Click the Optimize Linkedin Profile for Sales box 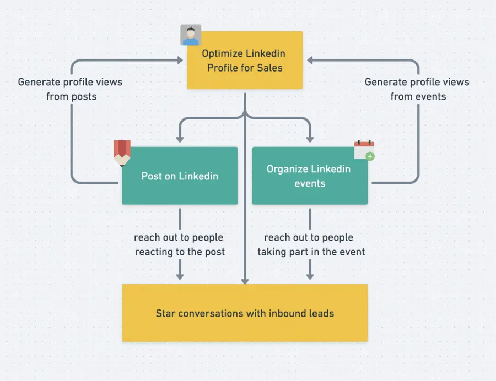245,61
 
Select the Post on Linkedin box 180,176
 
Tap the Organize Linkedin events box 309,176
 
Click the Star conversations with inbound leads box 245,313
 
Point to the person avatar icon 191,35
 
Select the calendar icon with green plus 364,150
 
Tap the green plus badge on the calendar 370,156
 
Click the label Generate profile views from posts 71,89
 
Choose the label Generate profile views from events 418,89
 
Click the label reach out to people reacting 179,244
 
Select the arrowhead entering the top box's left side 180,59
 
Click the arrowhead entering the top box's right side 309,59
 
